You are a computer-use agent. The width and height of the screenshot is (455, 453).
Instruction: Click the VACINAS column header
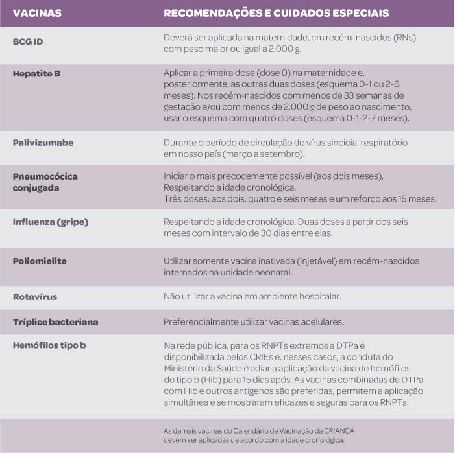point(34,13)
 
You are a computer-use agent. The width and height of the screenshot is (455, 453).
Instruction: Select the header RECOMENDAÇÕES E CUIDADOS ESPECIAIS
point(276,13)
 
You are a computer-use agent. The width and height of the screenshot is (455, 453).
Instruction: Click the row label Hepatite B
point(37,73)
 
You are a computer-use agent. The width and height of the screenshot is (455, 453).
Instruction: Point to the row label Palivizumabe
point(43,142)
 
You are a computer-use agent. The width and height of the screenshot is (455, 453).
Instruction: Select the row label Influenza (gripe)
point(51,222)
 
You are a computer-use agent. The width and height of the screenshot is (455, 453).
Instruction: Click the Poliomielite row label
point(40,261)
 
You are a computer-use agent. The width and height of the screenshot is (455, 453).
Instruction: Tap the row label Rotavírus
point(35,296)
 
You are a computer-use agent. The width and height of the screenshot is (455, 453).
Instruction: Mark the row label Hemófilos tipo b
point(49,345)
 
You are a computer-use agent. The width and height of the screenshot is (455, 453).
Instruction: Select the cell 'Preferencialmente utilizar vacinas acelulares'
point(252,321)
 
